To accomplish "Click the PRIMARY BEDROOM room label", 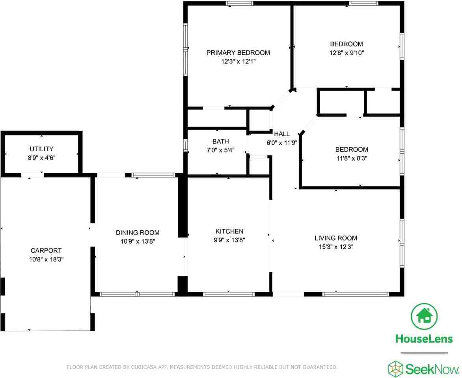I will click(x=238, y=53).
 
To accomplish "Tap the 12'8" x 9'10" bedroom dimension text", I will click(x=346, y=53).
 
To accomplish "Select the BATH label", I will click(x=220, y=141).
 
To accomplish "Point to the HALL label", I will click(x=282, y=134).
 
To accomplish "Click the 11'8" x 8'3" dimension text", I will click(x=352, y=158).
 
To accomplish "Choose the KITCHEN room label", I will click(x=229, y=231).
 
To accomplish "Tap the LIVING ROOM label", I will click(x=336, y=238).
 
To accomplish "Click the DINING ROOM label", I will click(x=138, y=233).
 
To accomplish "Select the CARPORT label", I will click(x=46, y=250).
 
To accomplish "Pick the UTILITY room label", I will click(x=41, y=149).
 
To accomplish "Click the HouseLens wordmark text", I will click(x=424, y=338).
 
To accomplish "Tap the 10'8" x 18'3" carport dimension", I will click(x=46, y=259).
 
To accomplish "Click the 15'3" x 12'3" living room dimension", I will click(x=336, y=247).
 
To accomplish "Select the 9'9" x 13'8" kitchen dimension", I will click(x=229, y=240).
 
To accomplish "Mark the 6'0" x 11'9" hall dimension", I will click(x=282, y=143).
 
